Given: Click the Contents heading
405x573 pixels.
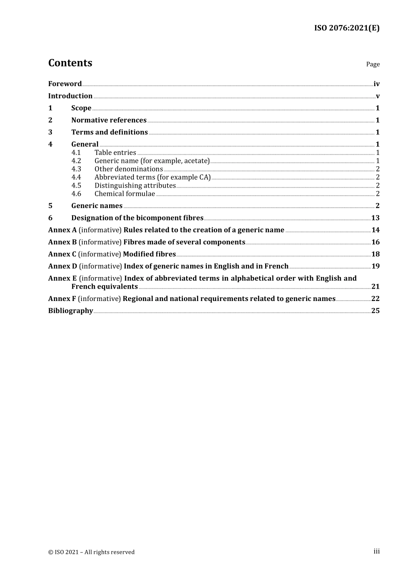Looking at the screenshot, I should point(70,63).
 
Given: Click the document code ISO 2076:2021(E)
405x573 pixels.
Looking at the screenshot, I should point(347,28).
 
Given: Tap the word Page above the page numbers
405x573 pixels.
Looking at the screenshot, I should point(373,64).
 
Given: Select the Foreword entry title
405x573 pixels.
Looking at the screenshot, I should point(65,84).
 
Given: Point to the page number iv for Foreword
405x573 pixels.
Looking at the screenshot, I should point(376,84).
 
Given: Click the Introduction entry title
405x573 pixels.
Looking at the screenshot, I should point(70,96).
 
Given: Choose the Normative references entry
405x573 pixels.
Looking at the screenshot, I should point(109,120).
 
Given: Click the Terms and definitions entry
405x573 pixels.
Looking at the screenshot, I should point(110,132).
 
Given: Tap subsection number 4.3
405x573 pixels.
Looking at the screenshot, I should point(76,169).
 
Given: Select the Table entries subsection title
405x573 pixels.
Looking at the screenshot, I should point(115,153).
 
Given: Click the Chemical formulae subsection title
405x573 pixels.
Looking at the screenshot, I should point(124,194).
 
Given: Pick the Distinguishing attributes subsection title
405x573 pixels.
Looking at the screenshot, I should point(135,185).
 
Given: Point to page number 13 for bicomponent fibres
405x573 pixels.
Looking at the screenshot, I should point(375,218).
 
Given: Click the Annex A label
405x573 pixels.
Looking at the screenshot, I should point(62,230).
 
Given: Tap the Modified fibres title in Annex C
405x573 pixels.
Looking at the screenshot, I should point(149,254).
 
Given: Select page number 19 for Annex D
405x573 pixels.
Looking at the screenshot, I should point(375,266).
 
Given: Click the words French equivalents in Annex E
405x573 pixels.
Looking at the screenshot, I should point(104,286).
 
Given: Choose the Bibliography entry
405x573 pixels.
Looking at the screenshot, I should point(70,311).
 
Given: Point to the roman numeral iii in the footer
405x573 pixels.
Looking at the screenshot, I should point(376,551).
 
